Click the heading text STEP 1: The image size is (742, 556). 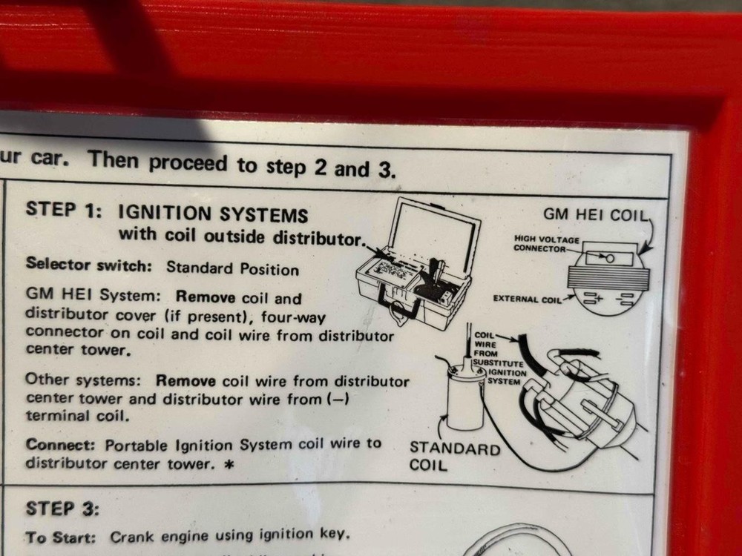pyautogui.click(x=63, y=210)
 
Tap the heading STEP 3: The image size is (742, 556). pyautogui.click(x=62, y=509)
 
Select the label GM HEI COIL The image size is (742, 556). pyautogui.click(x=595, y=215)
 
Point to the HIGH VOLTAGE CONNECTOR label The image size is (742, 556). pyautogui.click(x=547, y=244)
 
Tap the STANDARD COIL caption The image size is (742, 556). pyautogui.click(x=455, y=457)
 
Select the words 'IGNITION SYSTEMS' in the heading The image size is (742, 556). pyautogui.click(x=213, y=215)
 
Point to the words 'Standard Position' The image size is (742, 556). pyautogui.click(x=232, y=268)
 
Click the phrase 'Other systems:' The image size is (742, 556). pyautogui.click(x=86, y=380)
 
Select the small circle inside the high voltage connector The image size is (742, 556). pyautogui.click(x=609, y=258)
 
